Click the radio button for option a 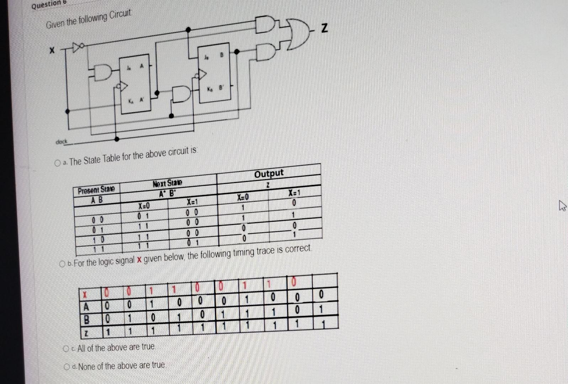coord(57,163)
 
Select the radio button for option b coord(63,264)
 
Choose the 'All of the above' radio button coord(66,349)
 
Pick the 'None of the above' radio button coord(67,367)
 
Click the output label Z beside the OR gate coord(324,28)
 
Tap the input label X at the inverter coord(52,50)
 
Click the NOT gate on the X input coord(78,47)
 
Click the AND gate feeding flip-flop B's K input coord(181,94)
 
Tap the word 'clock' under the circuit coord(61,142)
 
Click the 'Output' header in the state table coord(269,174)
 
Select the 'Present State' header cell coord(96,190)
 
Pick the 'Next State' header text coord(167,183)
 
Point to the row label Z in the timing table coord(86,334)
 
